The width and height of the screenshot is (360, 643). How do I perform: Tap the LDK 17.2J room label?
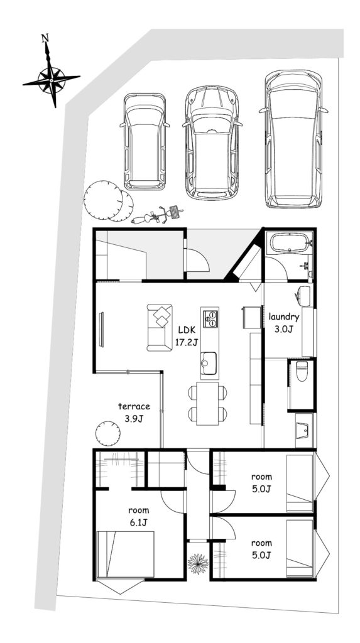coord(187,337)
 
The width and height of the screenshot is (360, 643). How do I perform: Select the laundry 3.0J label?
coord(284,322)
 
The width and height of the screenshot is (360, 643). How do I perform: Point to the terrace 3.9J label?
coord(134,413)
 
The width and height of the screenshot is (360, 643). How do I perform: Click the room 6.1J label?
coord(139,516)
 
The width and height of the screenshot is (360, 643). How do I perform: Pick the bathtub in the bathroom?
coord(287,242)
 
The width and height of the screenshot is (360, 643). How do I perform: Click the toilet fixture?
coord(302,371)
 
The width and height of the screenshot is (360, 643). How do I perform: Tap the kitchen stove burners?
coord(210,318)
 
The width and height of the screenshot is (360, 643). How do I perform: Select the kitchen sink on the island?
coord(209,363)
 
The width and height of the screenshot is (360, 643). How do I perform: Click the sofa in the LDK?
coord(160,327)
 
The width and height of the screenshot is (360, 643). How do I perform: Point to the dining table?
coord(207,404)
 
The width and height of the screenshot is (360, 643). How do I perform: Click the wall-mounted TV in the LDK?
coord(101,330)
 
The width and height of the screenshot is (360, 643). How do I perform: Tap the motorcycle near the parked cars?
coord(157,215)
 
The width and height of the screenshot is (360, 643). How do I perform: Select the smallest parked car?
coord(145,141)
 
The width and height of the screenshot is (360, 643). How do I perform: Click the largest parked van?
coord(293,139)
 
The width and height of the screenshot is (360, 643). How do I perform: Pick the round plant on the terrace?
coord(108,433)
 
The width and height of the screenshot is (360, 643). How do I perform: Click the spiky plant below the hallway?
coord(199,563)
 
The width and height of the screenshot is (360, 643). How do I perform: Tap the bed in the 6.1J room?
coord(125,554)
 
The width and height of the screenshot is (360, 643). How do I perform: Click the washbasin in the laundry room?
coord(303,296)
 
